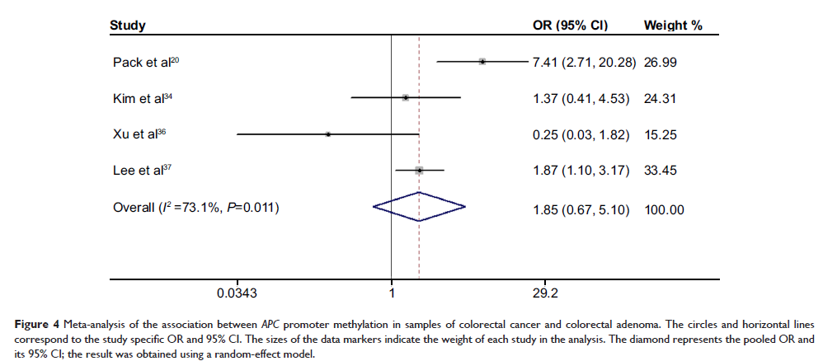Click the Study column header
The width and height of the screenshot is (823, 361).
click(x=128, y=26)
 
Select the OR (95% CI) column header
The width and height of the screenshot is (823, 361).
click(x=571, y=26)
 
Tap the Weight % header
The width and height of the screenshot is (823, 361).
click(x=672, y=26)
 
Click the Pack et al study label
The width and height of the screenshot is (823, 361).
click(x=140, y=62)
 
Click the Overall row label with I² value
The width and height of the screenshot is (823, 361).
click(x=195, y=209)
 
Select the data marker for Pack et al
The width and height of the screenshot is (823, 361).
click(x=482, y=61)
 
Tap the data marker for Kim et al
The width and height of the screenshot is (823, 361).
click(x=405, y=97)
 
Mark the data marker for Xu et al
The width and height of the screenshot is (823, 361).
click(x=328, y=134)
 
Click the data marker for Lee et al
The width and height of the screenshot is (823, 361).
click(x=419, y=170)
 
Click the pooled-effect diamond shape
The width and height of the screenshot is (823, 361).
click(x=419, y=207)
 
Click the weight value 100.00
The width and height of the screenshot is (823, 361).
click(x=665, y=209)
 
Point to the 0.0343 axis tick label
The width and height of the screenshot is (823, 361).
click(x=237, y=293)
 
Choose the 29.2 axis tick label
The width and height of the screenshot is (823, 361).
click(x=545, y=293)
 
